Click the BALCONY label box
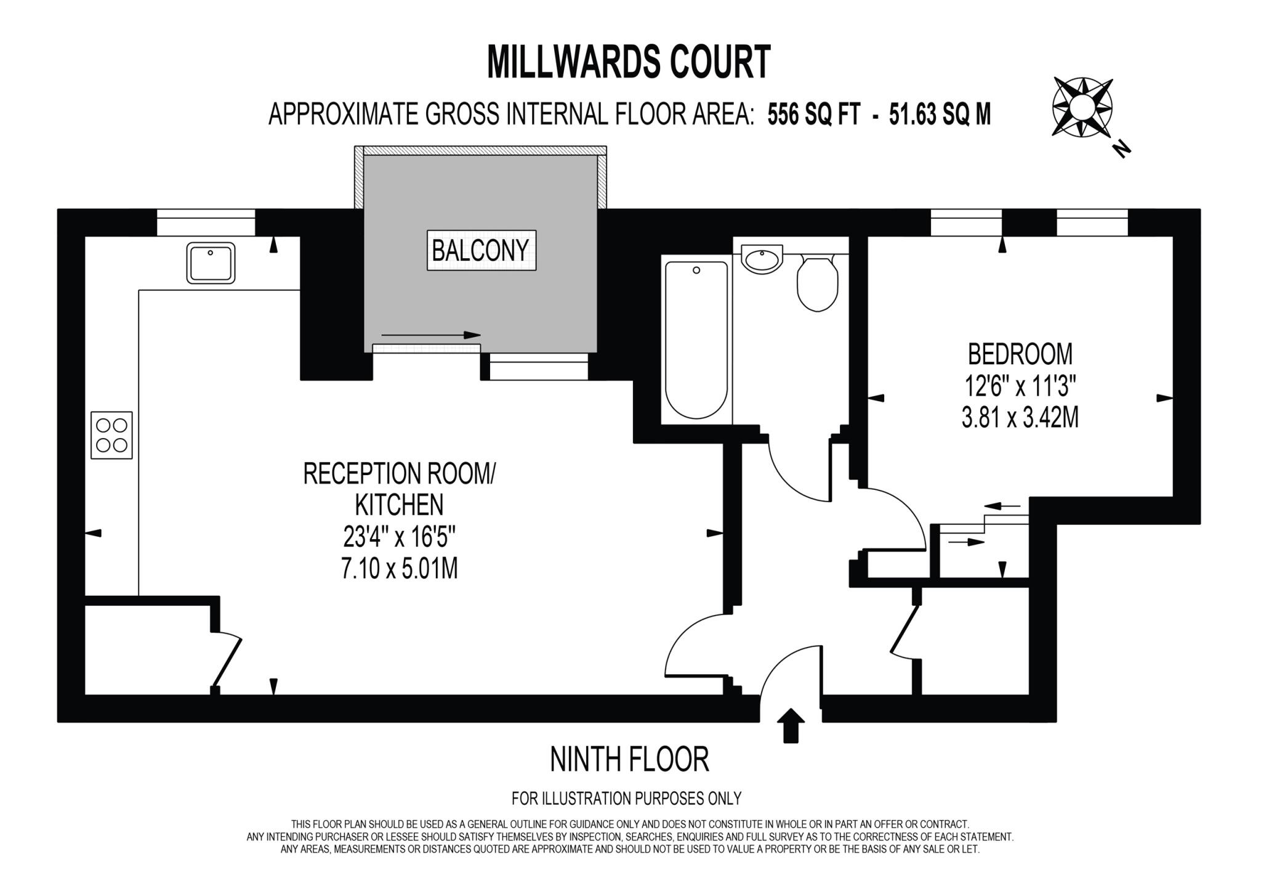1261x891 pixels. tap(481, 250)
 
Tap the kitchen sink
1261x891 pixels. tap(211, 262)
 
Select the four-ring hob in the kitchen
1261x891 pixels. tap(111, 435)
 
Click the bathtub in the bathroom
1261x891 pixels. tap(696, 340)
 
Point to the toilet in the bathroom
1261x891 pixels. tap(817, 285)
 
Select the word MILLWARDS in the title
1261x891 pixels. tap(565, 62)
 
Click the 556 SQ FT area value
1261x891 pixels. tap(813, 115)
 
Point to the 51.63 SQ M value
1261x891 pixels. tap(940, 115)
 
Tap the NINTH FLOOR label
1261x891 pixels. tap(629, 760)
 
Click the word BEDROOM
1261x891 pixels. tap(1020, 354)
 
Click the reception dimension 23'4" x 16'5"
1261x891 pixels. tap(399, 538)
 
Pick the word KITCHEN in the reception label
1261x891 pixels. tap(399, 505)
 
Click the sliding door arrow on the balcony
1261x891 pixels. tap(430, 335)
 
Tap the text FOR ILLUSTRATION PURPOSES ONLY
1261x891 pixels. tap(626, 799)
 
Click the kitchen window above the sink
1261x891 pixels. tap(206, 222)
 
